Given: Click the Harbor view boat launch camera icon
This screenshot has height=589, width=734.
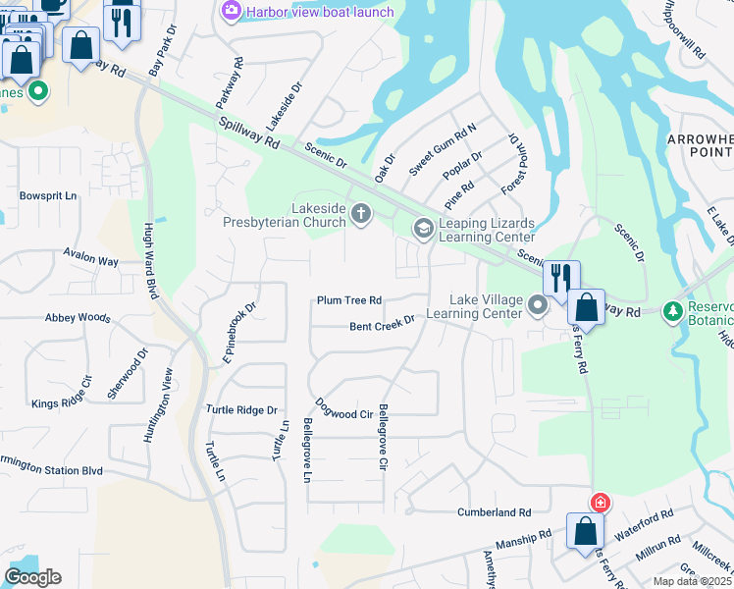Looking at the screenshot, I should point(232,11).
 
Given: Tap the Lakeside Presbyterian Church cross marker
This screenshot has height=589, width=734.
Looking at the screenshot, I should point(361,214).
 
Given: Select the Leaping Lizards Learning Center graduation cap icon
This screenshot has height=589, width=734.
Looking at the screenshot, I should point(423,229).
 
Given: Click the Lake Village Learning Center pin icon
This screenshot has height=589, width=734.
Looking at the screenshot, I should point(538,306).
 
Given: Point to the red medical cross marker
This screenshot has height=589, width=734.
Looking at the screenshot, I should point(600,503).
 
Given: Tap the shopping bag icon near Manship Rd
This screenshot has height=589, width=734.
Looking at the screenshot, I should point(585,530).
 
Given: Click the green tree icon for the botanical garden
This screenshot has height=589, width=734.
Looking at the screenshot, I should point(672,312).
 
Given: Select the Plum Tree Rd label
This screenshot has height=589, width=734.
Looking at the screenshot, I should point(348,300).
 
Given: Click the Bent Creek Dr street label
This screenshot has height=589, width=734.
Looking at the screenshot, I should point(383,324).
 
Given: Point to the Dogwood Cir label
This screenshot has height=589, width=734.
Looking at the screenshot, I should point(344,409).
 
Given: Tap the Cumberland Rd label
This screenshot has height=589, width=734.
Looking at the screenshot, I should point(495,512).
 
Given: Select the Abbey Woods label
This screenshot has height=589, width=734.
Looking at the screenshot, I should point(78,318).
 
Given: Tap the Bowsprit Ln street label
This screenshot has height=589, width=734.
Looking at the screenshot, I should point(48,195).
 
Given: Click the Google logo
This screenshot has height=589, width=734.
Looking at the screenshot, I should point(32,577).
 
